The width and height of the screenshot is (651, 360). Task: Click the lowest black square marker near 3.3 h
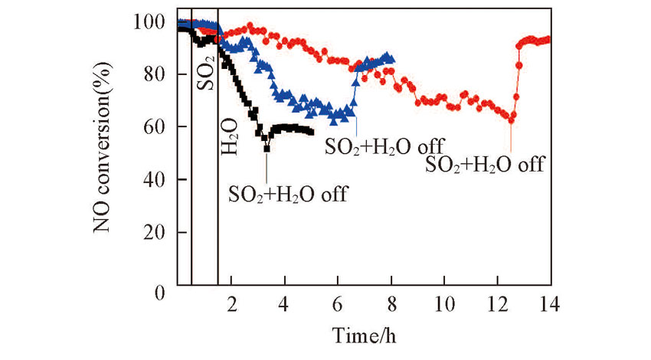tap(267, 147)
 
